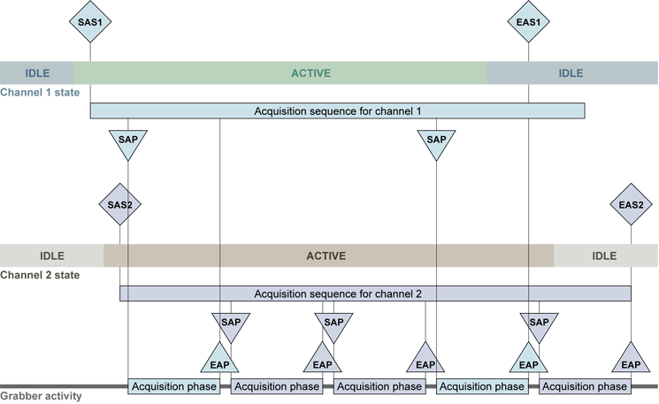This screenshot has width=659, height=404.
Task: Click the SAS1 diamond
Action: pyautogui.click(x=90, y=21)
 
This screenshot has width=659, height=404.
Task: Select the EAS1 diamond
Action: pyautogui.click(x=529, y=21)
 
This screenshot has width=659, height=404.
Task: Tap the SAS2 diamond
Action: pyautogui.click(x=119, y=205)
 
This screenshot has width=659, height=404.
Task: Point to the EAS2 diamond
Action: pyautogui.click(x=631, y=205)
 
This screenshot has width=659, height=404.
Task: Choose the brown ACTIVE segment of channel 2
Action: pyautogui.click(x=327, y=255)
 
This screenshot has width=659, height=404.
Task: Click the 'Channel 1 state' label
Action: pyautogui.click(x=39, y=92)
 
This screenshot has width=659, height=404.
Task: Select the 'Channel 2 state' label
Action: pyautogui.click(x=39, y=275)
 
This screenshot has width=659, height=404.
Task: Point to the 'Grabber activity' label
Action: pyautogui.click(x=41, y=396)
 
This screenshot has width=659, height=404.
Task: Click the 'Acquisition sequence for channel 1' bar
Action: pyautogui.click(x=337, y=111)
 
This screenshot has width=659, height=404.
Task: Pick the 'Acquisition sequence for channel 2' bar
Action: pyautogui.click(x=375, y=293)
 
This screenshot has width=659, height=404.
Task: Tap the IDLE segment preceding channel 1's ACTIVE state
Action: pyautogui.click(x=37, y=73)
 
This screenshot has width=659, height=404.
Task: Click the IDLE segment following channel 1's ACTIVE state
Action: pyautogui.click(x=571, y=73)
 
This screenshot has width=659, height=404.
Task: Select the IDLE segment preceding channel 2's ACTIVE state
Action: pyautogui.click(x=51, y=255)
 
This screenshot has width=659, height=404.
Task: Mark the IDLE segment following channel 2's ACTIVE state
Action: pyautogui.click(x=605, y=255)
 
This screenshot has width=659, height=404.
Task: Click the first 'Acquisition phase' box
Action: pyautogui.click(x=174, y=386)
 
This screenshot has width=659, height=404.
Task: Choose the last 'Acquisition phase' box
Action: pyautogui.click(x=585, y=386)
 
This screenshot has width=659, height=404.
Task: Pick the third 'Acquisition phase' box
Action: pyautogui.click(x=379, y=386)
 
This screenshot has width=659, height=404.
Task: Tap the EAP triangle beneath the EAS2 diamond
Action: pyautogui.click(x=631, y=361)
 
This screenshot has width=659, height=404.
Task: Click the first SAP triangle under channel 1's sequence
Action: pyautogui.click(x=128, y=142)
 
